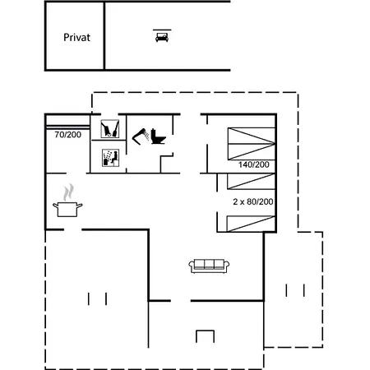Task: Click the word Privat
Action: (x=76, y=38)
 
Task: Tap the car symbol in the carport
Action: (x=162, y=37)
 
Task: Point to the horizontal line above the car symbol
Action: (x=162, y=30)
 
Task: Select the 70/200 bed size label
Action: (x=67, y=135)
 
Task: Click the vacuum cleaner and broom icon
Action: (x=110, y=129)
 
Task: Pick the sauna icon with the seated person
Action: (x=110, y=158)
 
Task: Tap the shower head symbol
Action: (x=141, y=136)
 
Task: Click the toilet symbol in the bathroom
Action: (x=159, y=136)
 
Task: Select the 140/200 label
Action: (x=254, y=164)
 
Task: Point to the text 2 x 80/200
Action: (x=253, y=201)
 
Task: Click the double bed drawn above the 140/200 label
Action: (x=252, y=144)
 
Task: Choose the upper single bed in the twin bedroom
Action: (x=251, y=182)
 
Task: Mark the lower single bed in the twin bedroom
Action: (x=251, y=224)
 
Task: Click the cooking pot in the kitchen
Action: (x=67, y=210)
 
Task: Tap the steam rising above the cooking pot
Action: (x=68, y=192)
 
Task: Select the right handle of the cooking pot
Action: (x=80, y=206)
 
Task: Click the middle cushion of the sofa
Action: (x=209, y=264)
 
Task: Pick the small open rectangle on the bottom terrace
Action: (x=205, y=336)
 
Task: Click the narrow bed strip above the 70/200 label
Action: (x=68, y=127)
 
